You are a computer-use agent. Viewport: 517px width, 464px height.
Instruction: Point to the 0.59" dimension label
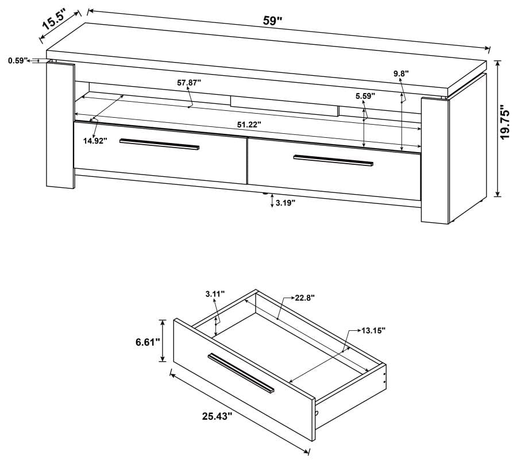18,60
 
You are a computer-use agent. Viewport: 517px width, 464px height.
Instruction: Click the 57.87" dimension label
189,83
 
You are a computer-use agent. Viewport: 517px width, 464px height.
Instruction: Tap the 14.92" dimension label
95,141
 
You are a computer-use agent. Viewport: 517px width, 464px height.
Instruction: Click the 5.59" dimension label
365,96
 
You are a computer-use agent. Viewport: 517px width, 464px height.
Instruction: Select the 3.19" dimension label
285,203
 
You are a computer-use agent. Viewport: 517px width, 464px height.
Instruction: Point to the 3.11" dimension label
216,294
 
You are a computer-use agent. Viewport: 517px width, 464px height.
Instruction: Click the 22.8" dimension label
305,297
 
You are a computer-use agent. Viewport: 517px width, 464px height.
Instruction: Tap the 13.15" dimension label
373,330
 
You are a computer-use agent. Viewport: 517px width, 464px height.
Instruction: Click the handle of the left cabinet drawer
160,145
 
